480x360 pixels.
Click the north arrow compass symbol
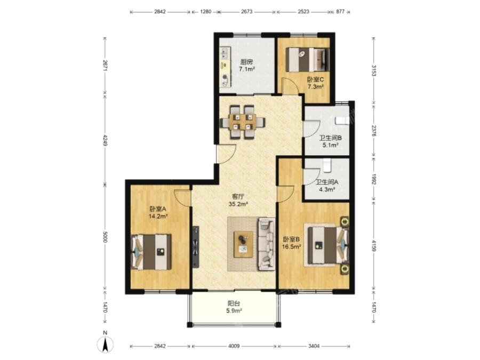coord(105,343)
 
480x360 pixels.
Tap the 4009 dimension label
coord(234,346)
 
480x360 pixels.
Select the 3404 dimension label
coord(314,346)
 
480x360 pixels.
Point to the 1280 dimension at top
coord(205,12)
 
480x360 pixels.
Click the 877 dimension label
coord(340,12)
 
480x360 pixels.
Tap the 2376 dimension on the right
coord(374,131)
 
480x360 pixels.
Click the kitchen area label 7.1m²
coord(247,69)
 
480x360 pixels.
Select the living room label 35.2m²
coord(238,204)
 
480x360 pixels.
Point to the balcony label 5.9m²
coord(234,310)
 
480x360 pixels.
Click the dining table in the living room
coord(243,122)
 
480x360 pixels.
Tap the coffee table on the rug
coord(243,244)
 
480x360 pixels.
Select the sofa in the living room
coord(267,244)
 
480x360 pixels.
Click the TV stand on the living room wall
coord(196,246)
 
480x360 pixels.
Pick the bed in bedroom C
coord(308,60)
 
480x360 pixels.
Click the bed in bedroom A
coord(151,252)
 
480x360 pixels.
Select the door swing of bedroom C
coord(290,85)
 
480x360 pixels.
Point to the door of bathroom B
coord(311,129)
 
